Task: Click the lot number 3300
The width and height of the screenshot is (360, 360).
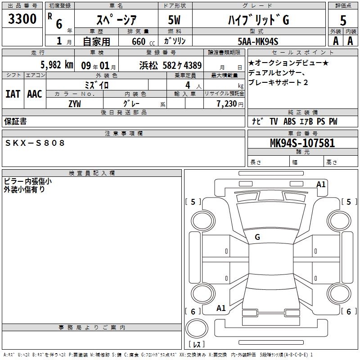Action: click(x=22, y=19)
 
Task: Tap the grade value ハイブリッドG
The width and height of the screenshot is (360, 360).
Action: click(x=257, y=20)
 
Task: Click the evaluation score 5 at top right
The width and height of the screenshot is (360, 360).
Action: click(x=343, y=20)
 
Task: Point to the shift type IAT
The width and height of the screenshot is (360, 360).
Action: click(x=13, y=94)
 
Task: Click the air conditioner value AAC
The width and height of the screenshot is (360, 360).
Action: click(x=35, y=94)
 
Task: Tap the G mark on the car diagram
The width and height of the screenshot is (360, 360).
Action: click(x=257, y=237)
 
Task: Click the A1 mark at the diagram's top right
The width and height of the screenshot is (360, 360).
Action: click(x=321, y=184)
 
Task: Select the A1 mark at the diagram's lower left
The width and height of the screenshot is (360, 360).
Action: click(x=221, y=308)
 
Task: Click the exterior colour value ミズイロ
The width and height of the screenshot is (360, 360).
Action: click(x=97, y=85)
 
